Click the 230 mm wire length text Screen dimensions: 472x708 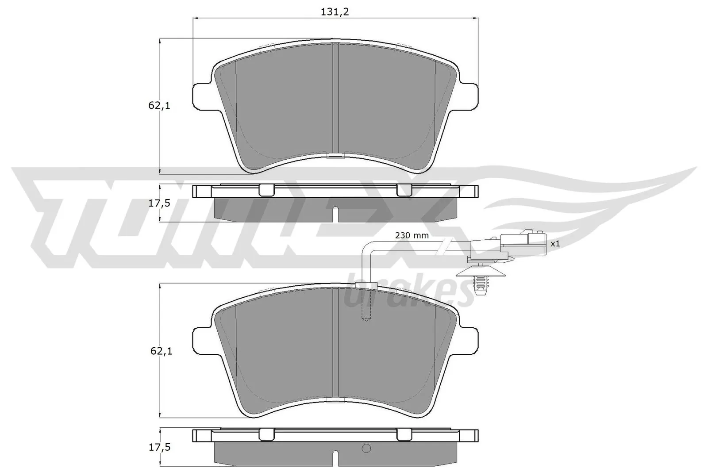[x=412, y=236]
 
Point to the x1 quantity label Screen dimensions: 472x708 [x=555, y=244]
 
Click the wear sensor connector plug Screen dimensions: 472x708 [x=509, y=243]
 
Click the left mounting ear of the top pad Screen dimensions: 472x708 [x=202, y=95]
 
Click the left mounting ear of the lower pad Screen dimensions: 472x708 [x=202, y=340]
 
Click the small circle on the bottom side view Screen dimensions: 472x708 [x=366, y=449]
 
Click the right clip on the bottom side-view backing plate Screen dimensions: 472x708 [x=404, y=435]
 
